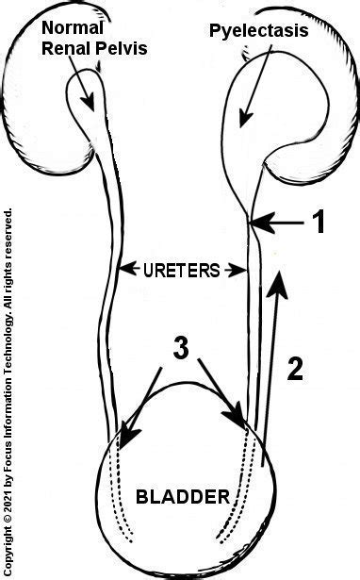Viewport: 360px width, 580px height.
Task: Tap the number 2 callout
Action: (x=295, y=369)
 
